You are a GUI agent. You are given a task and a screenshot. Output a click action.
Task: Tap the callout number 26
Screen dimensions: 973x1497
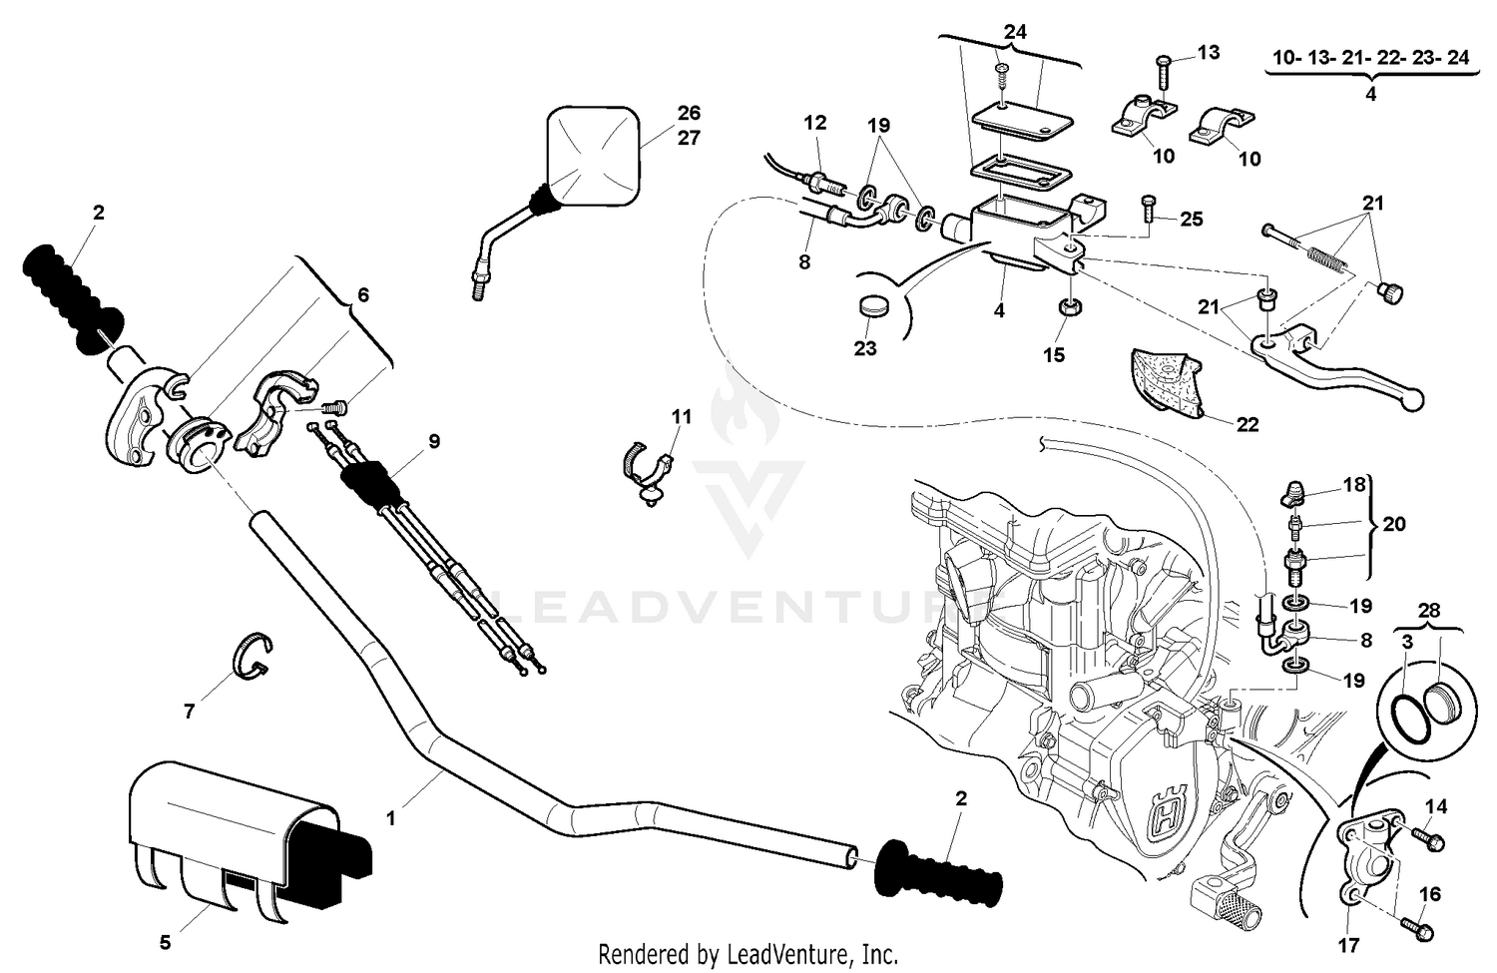689,113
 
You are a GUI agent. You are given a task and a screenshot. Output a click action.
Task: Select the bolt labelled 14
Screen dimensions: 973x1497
1428,839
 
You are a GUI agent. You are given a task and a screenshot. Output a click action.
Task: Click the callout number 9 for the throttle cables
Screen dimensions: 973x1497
434,440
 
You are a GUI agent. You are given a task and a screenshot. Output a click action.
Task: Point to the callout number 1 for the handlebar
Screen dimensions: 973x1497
391,817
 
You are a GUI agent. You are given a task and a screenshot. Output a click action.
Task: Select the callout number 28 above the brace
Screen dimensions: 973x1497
1430,609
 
